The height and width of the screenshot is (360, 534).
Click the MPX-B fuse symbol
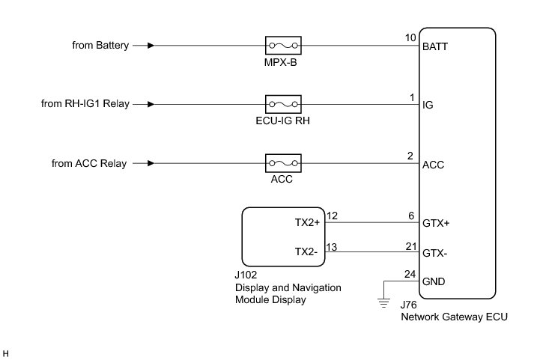click(x=283, y=45)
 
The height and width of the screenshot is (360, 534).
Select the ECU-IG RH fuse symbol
click(x=283, y=104)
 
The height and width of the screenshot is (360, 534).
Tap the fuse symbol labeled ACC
click(x=283, y=163)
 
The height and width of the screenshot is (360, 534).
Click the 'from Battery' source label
click(x=100, y=45)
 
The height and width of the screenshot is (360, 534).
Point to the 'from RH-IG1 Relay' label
click(x=85, y=104)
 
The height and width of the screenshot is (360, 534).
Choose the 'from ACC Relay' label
click(x=89, y=163)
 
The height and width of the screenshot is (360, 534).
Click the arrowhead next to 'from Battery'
click(x=151, y=45)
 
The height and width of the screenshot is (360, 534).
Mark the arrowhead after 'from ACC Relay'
click(x=151, y=163)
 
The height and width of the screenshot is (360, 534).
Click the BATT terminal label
click(x=435, y=46)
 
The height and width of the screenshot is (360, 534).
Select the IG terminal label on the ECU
click(x=428, y=105)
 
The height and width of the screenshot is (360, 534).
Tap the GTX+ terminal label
click(x=436, y=223)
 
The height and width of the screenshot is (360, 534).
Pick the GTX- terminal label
click(x=435, y=253)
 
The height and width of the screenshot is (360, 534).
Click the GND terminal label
click(x=434, y=281)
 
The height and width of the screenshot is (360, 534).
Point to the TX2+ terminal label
click(x=307, y=222)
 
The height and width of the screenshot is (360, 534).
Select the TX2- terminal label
click(x=306, y=251)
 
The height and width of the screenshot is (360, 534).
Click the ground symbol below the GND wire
click(x=383, y=303)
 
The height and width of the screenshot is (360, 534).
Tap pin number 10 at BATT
click(x=410, y=37)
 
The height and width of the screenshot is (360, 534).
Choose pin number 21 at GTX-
click(x=411, y=246)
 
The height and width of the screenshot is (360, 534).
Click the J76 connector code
click(x=408, y=305)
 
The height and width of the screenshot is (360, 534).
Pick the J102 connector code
click(x=246, y=275)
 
